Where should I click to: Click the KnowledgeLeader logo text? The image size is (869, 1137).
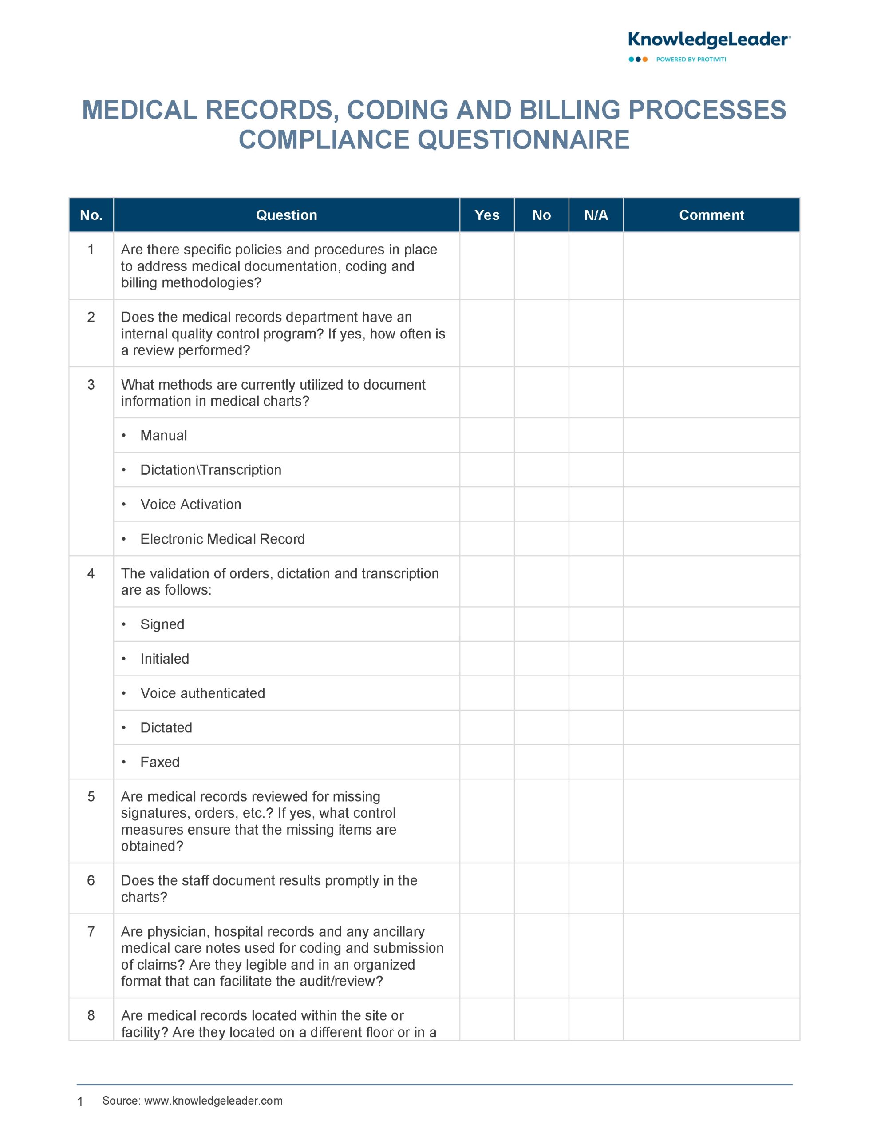(709, 40)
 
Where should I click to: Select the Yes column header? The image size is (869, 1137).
(487, 215)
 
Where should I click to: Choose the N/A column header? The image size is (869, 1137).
(596, 215)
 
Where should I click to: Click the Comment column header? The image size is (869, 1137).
(711, 215)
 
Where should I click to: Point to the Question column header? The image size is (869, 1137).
(286, 215)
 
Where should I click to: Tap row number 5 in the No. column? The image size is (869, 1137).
(91, 796)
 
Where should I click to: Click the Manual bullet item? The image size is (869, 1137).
(163, 435)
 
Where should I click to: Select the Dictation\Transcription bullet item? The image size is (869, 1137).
(210, 470)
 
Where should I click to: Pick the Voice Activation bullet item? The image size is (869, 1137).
(190, 504)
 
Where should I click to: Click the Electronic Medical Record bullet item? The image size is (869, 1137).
(222, 539)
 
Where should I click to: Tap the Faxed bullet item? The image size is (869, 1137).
(160, 762)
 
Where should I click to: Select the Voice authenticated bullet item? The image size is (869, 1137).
(202, 693)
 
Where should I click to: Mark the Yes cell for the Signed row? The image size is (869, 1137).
(487, 624)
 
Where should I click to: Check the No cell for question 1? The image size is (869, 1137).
(541, 266)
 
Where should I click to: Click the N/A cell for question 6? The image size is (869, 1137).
(596, 888)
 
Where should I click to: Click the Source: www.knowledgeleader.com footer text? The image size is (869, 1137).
(193, 1101)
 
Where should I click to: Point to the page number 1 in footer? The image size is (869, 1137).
(80, 1102)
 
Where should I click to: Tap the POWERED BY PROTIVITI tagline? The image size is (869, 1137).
(691, 60)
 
